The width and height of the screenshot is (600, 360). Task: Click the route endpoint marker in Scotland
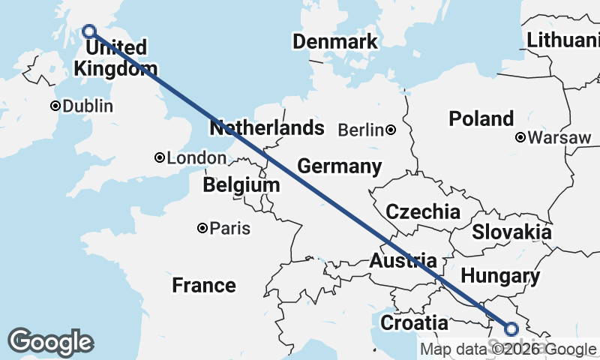coord(89,31)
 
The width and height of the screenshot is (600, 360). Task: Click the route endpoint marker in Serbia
coord(511,328)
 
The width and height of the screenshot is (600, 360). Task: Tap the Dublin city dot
coord(55,106)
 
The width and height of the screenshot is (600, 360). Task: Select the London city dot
coord(159,157)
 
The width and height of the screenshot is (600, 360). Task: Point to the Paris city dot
coord(202,228)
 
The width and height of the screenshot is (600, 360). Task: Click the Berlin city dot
coord(391,130)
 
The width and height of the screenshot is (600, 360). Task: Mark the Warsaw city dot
coord(520,137)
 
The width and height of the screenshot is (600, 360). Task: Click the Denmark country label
coord(335,41)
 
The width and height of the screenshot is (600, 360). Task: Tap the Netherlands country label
coord(267,128)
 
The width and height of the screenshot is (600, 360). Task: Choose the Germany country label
coord(339,166)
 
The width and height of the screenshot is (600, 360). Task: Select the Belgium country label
coord(241,184)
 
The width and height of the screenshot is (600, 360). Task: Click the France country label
coord(203,285)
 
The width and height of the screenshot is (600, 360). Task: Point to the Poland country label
coord(481,118)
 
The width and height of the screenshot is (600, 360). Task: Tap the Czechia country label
coord(423,211)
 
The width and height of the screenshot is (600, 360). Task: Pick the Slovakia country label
coord(511,232)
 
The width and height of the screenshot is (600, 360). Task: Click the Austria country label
coord(403,261)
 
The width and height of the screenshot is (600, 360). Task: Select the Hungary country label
coord(500,276)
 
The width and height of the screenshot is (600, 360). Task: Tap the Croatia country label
coord(415,323)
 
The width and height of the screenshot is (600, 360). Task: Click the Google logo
coord(50,342)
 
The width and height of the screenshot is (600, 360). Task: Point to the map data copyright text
coord(508,349)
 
